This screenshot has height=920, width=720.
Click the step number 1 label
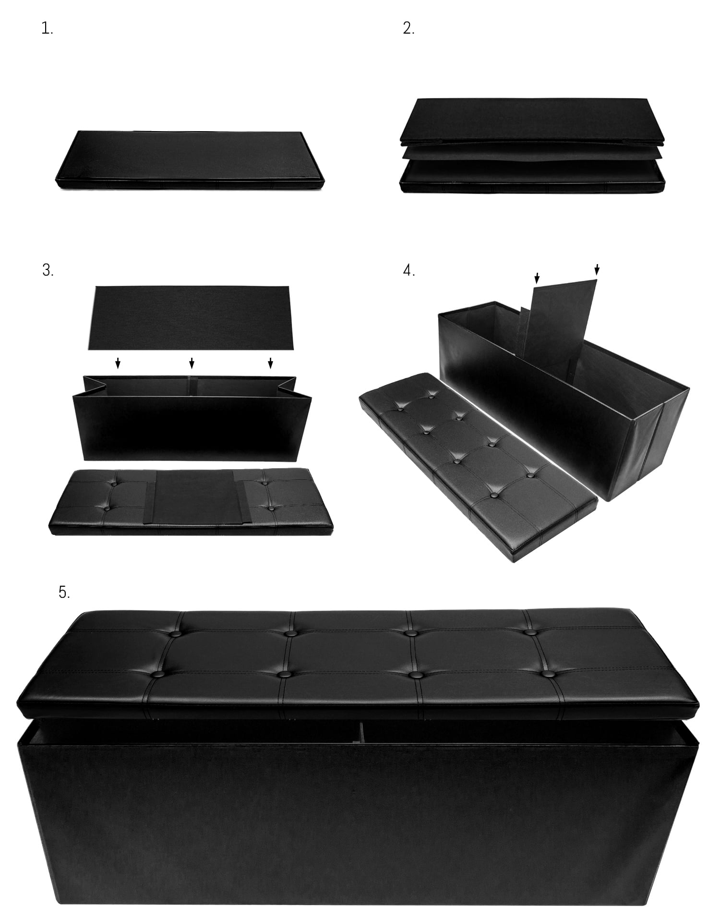(x=47, y=29)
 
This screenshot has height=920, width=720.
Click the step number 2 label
(x=408, y=29)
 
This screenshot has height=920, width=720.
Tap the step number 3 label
(x=48, y=270)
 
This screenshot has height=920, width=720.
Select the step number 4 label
(x=409, y=270)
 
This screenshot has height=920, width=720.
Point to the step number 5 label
(x=64, y=592)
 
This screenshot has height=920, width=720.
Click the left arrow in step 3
(x=118, y=363)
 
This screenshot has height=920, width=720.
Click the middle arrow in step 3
(x=192, y=363)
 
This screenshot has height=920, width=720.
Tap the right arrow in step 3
(x=270, y=363)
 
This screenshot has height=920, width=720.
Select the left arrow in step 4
(x=537, y=278)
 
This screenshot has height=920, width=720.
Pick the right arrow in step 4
(x=597, y=269)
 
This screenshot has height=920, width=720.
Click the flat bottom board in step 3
(x=190, y=318)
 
